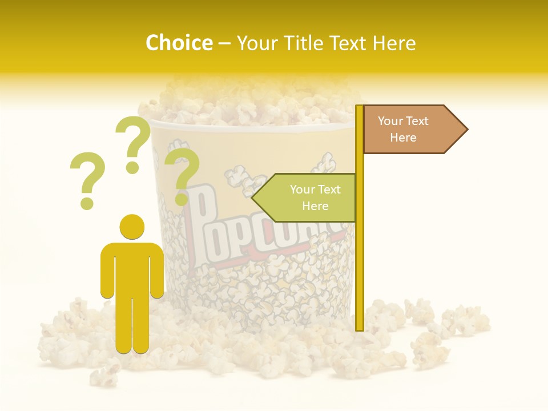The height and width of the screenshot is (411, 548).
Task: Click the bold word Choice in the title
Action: click(179, 43)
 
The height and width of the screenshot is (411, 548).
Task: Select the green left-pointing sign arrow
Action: click(305, 198)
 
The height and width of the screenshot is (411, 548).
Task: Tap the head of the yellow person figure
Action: click(132, 227)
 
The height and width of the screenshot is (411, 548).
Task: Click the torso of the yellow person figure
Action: click(132, 271)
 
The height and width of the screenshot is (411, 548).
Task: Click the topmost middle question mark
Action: click(135, 143)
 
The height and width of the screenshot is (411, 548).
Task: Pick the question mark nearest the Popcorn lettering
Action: click(182, 174)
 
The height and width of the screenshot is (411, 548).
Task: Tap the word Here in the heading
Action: click(392, 43)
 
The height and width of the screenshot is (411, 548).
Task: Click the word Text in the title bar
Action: click(349, 43)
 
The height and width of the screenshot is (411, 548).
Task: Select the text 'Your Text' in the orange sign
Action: click(403, 121)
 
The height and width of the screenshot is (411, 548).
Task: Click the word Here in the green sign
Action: click(315, 206)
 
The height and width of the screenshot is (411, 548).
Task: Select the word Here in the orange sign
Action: click(403, 138)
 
